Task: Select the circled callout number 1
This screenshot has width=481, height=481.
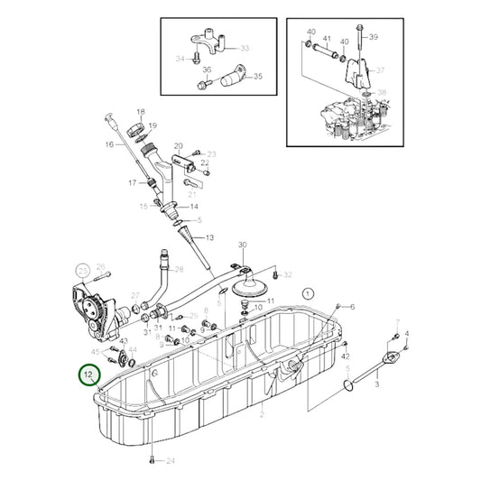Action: (307, 292)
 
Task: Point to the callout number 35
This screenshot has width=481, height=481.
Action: (257, 77)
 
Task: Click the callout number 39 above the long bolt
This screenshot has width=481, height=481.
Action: (374, 36)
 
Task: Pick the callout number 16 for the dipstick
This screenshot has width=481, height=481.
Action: (109, 144)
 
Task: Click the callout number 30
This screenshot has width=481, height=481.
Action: (242, 245)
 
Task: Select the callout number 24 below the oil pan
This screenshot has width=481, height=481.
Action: (170, 461)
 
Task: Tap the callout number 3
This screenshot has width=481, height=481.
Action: (376, 384)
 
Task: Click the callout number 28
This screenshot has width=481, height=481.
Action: (179, 270)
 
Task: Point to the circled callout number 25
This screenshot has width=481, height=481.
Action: (82, 269)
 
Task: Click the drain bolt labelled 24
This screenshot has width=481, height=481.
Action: (149, 459)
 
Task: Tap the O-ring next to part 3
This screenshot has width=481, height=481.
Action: (348, 387)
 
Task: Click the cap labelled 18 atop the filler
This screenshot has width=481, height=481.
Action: (140, 123)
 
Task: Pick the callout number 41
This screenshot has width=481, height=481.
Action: (328, 40)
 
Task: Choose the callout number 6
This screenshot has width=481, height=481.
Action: (352, 307)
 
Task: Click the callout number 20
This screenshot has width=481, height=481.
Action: (179, 145)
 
